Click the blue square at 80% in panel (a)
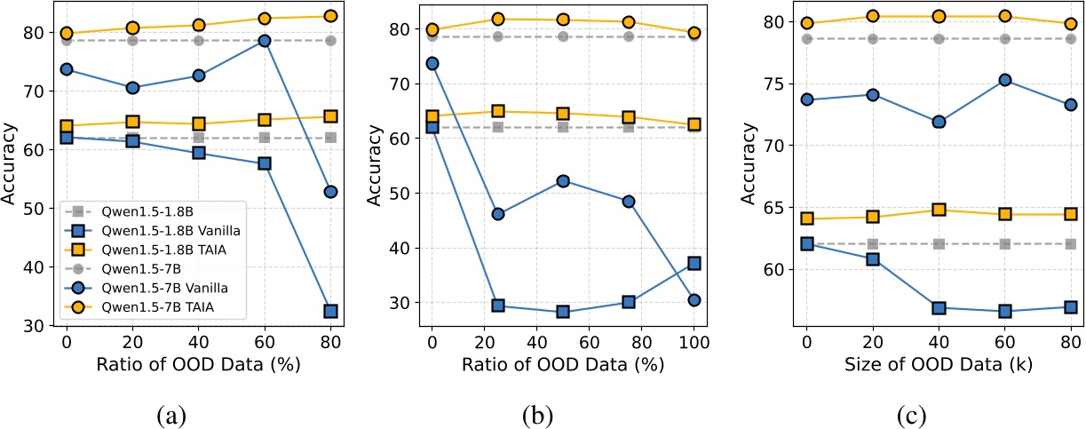[x=330, y=311]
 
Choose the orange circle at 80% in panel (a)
[x=330, y=16]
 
